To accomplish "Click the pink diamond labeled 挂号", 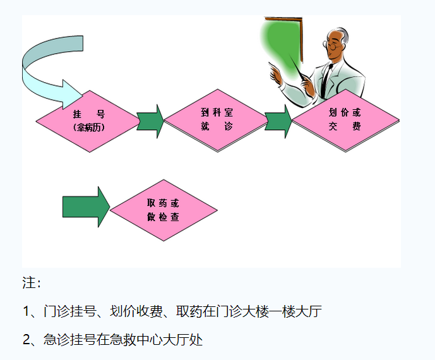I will [x=88, y=121].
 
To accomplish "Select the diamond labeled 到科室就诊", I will [x=217, y=119].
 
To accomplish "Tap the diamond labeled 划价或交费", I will [x=345, y=119].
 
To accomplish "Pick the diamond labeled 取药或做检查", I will [x=164, y=210].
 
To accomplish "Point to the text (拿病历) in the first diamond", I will [x=88, y=128].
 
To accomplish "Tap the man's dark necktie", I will [x=326, y=81].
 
